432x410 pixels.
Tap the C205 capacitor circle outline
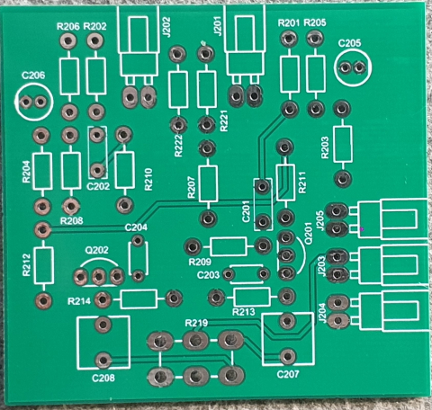(352, 67)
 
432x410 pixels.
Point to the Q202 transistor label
(96, 249)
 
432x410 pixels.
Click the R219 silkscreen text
(196, 322)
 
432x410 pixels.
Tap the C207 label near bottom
(287, 373)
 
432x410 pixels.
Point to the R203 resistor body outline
(342, 143)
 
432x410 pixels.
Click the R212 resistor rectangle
(41, 263)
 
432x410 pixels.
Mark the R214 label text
(79, 301)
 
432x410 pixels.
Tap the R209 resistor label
(200, 261)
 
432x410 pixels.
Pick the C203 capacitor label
(208, 274)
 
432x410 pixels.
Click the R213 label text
(244, 311)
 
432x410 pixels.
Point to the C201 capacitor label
(246, 210)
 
